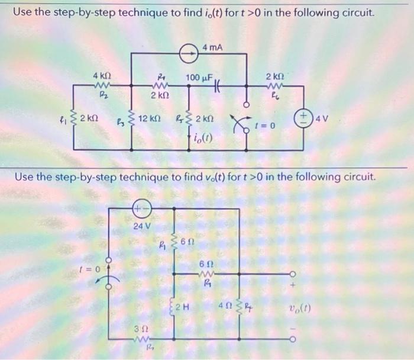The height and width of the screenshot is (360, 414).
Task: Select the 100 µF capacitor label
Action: click(x=199, y=78)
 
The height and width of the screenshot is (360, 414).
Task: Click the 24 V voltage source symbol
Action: click(x=141, y=209)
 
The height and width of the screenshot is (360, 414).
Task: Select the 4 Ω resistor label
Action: click(x=225, y=306)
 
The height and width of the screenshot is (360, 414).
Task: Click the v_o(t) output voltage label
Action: click(x=301, y=308)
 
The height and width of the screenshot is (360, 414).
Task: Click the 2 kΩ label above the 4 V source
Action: click(x=275, y=77)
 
